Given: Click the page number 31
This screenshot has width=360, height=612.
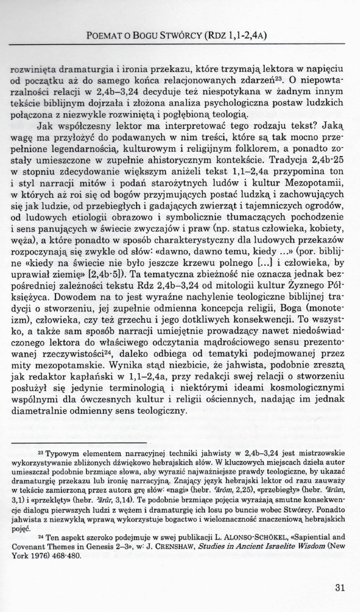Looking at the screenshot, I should point(340,587).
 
